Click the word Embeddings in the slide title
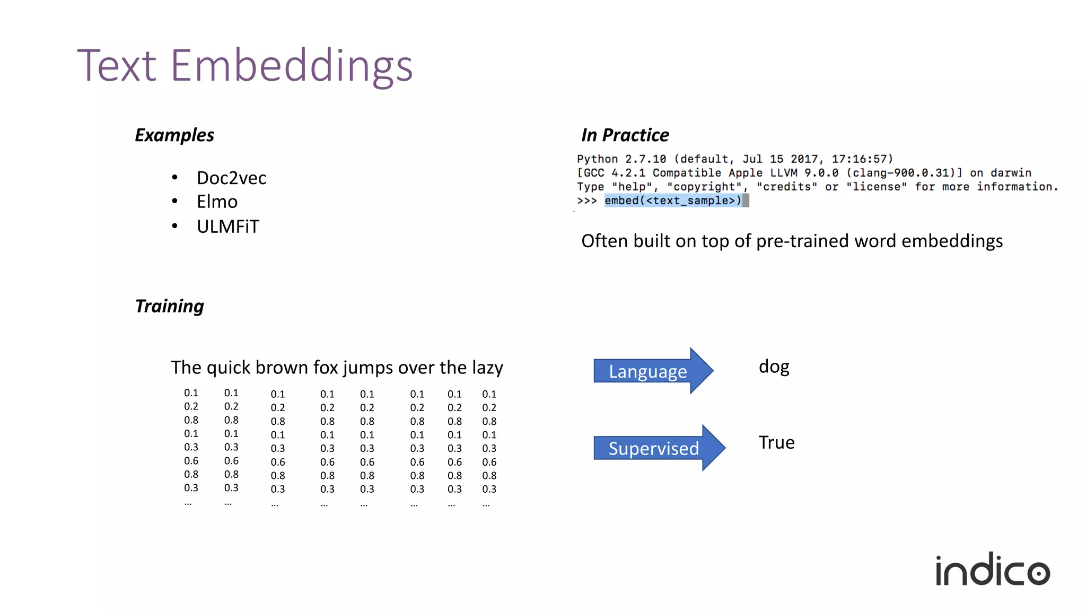point(291,66)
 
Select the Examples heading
point(174,135)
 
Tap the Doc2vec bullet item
point(231,178)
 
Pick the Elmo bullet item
point(217,202)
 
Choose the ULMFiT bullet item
point(228,227)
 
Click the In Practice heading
point(625,135)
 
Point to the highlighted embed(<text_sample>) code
point(673,200)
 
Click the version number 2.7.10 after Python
point(645,159)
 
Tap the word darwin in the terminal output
point(1011,173)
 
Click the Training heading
point(170,307)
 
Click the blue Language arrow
point(652,371)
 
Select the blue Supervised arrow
point(658,448)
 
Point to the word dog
point(774,366)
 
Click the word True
point(776,443)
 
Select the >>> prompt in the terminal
point(586,200)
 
